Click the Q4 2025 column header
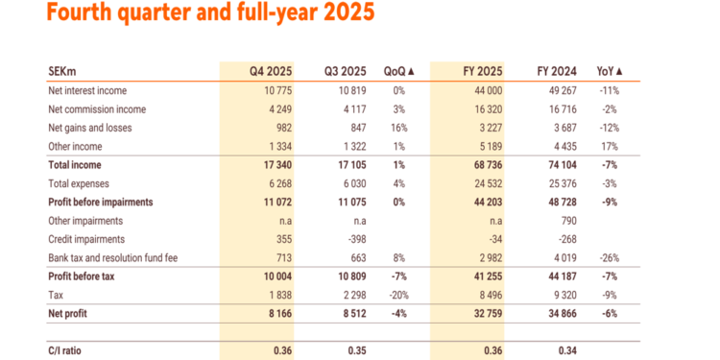[x=271, y=71]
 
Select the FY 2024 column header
[x=558, y=71]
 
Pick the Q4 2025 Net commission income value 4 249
[x=278, y=108]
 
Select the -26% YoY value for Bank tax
[x=610, y=258]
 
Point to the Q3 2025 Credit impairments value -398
[x=355, y=240]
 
